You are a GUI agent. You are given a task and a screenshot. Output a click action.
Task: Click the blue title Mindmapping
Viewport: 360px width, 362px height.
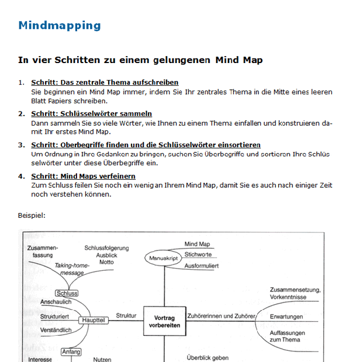(x=59, y=25)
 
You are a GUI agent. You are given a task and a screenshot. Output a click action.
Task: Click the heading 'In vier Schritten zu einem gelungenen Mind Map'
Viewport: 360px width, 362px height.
(x=140, y=60)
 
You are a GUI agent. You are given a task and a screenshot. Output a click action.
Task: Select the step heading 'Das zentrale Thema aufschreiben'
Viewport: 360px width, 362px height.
(x=105, y=82)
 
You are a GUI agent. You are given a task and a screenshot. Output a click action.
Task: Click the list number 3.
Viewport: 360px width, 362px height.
(x=21, y=145)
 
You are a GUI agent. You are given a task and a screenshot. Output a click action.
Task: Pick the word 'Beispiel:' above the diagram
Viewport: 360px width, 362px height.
(x=32, y=215)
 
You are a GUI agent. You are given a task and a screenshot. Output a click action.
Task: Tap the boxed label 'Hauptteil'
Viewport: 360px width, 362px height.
(x=93, y=321)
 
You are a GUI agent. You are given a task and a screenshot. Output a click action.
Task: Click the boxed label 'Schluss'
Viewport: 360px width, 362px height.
(x=67, y=293)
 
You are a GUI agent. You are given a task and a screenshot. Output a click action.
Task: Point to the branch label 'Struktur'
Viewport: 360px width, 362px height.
(x=126, y=316)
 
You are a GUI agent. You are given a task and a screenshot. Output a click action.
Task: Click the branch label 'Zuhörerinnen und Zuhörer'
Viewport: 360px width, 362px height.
(x=221, y=316)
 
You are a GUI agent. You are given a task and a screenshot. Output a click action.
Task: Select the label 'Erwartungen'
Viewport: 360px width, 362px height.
(x=286, y=316)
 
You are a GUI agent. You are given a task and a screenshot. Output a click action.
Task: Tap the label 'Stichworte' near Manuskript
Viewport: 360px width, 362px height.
(x=198, y=255)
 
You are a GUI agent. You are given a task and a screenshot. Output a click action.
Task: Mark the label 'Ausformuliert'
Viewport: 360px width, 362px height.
(x=202, y=266)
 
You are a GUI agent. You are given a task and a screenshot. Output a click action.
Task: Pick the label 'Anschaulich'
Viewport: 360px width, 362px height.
(x=56, y=302)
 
